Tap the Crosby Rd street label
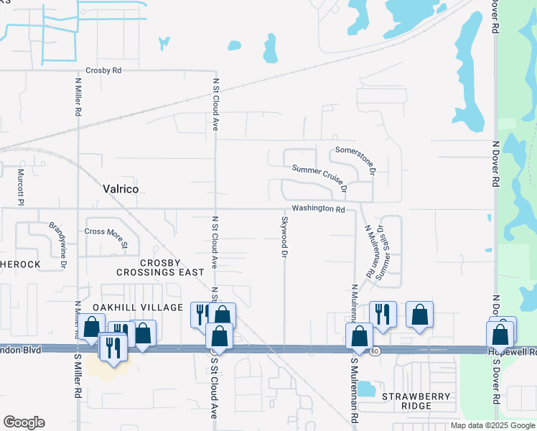pos(103,70)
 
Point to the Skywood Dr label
pos(285,237)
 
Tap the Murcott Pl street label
pos(21,185)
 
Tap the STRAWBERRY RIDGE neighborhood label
pos(416,401)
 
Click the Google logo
pos(24,422)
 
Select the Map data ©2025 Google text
pos(492,425)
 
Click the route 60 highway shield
pos(375,351)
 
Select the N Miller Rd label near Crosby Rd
pos(78,97)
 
